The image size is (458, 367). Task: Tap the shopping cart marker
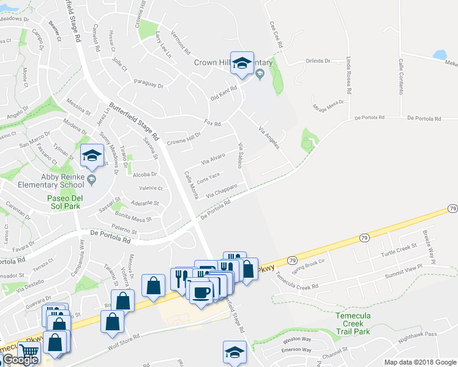[29, 351]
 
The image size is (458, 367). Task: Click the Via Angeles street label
[269, 138]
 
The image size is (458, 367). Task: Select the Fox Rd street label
[212, 122]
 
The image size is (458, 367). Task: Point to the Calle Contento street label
[402, 76]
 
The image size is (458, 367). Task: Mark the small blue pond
[440, 54]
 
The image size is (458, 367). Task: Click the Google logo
[20, 360]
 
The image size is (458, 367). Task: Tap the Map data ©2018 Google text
[419, 362]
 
